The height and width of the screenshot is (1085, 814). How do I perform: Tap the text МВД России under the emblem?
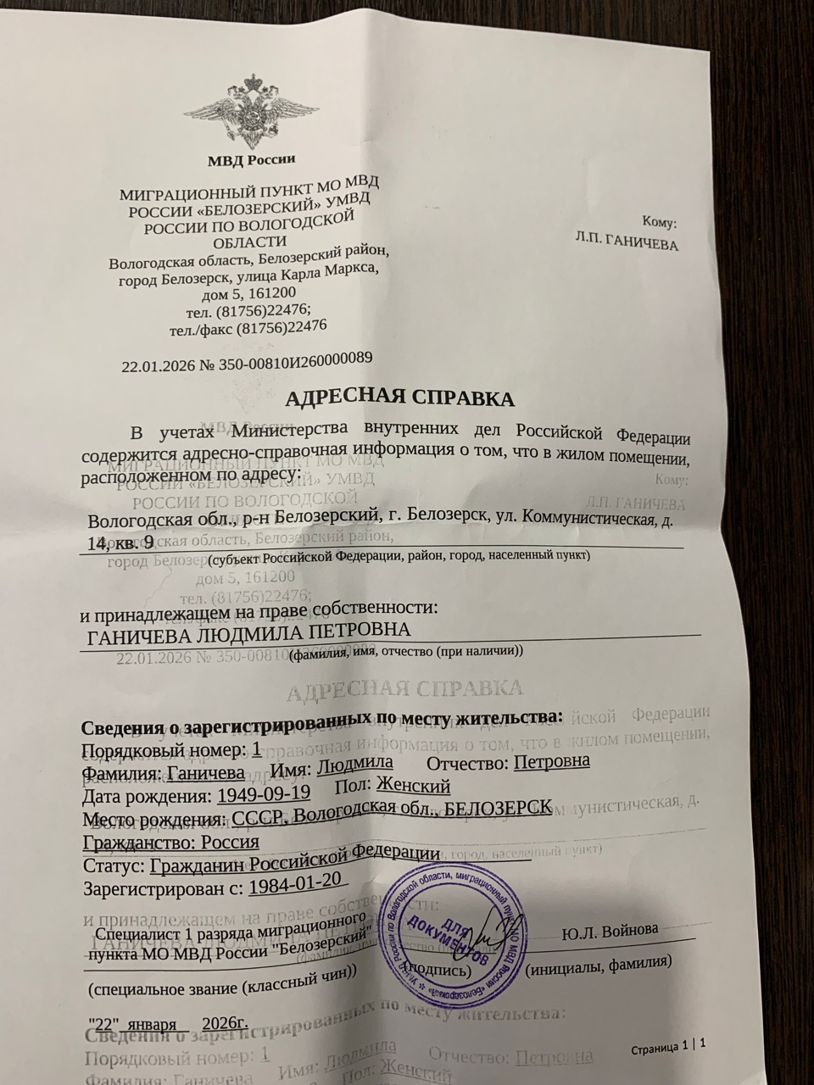251,159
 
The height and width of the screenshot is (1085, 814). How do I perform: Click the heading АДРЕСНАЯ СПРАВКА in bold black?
399,398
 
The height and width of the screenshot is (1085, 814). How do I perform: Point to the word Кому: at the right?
660,222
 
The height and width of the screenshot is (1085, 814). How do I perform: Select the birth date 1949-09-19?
264,795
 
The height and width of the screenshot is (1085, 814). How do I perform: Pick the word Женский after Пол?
413,787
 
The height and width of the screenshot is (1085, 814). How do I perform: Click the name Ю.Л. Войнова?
610,930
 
